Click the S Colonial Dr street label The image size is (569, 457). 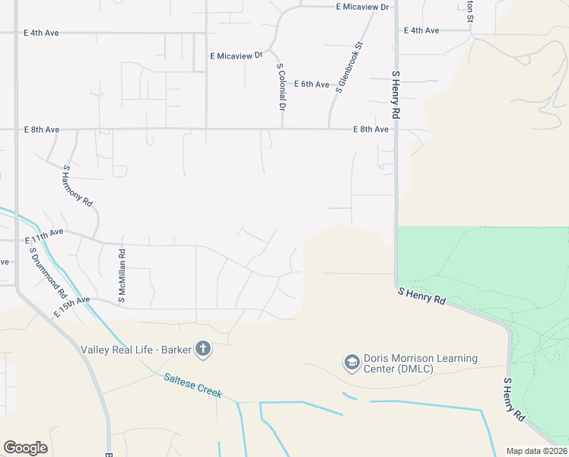click(x=281, y=88)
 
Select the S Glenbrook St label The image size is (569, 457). click(x=350, y=68)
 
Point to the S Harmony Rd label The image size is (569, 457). click(x=78, y=187)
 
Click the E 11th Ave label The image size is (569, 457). click(x=45, y=231)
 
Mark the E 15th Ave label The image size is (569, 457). click(x=72, y=307)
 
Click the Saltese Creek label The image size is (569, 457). click(x=192, y=385)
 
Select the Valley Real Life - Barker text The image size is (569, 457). click(x=135, y=350)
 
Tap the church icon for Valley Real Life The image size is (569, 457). click(x=202, y=350)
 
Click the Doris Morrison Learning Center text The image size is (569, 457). click(x=421, y=364)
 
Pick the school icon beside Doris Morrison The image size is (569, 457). click(x=351, y=363)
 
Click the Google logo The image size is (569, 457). click(x=25, y=448)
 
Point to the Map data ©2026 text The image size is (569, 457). click(x=537, y=451)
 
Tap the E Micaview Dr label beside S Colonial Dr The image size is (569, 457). click(x=236, y=56)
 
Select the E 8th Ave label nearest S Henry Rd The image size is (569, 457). click(x=370, y=129)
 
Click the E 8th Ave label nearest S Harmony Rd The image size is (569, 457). click(x=41, y=130)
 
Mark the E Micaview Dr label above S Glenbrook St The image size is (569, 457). click(x=362, y=7)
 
